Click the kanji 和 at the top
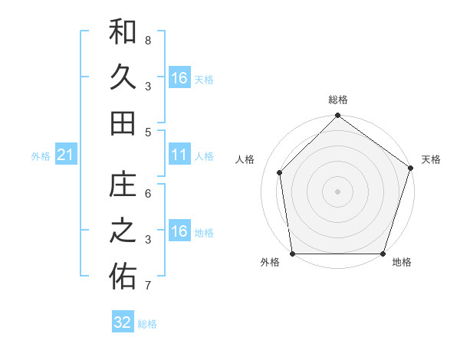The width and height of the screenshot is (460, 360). click(123, 32)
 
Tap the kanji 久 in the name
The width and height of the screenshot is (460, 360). click(123, 78)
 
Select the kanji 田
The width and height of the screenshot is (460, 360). click(123, 123)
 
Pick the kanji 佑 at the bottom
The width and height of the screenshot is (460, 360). click(123, 278)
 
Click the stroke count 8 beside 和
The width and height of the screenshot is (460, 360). click(148, 40)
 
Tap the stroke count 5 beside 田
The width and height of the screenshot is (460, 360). click(148, 132)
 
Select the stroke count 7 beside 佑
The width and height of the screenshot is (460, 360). click(148, 286)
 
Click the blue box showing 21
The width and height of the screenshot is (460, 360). click(66, 155)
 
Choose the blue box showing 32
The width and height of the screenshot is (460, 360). click(123, 322)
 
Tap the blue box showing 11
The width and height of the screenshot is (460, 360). click(179, 155)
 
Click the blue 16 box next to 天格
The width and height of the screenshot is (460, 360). click(179, 78)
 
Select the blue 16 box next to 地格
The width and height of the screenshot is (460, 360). click(179, 232)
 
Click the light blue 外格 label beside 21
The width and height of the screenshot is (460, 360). click(41, 156)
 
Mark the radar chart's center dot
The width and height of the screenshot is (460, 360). click(337, 191)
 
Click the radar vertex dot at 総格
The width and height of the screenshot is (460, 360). click(337, 116)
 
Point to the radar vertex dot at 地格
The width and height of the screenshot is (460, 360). click(383, 254)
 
